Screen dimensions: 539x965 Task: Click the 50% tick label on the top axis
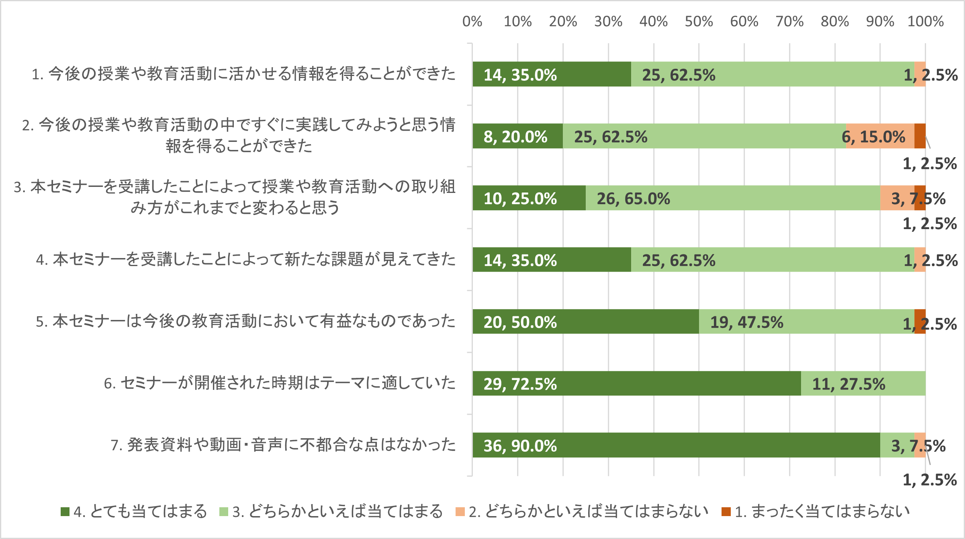(699, 21)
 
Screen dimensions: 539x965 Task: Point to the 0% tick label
(472, 21)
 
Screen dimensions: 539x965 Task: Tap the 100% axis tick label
(925, 21)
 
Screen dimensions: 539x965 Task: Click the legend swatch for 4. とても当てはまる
(65, 512)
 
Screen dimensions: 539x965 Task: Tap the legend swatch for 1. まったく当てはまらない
(726, 512)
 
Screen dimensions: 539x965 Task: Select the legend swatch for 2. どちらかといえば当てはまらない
(460, 512)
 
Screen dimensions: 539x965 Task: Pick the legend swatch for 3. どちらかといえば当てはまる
(224, 512)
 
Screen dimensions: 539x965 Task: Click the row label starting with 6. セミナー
(280, 383)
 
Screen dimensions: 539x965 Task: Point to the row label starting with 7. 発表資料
(283, 445)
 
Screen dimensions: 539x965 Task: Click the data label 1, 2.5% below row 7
(930, 480)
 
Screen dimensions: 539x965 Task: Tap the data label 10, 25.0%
(520, 199)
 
